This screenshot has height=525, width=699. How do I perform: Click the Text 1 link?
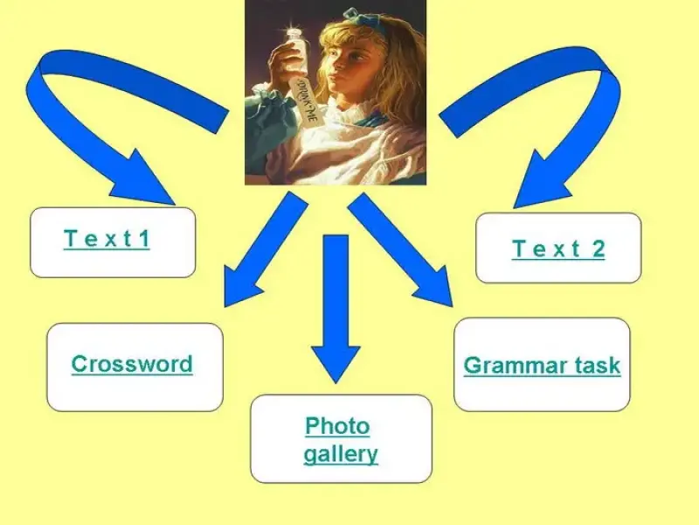point(107,239)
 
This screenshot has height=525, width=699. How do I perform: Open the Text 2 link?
point(558,248)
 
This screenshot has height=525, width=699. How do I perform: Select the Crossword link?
point(132,364)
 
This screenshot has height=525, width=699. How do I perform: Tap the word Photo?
point(337,426)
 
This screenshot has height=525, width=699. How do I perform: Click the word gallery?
point(341,454)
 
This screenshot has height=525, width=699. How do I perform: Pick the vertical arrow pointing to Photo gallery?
point(336,309)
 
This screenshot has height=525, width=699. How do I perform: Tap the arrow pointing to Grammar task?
point(400,249)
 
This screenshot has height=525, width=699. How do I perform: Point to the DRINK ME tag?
point(308,101)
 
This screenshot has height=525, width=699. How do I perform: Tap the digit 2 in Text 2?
point(599,248)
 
